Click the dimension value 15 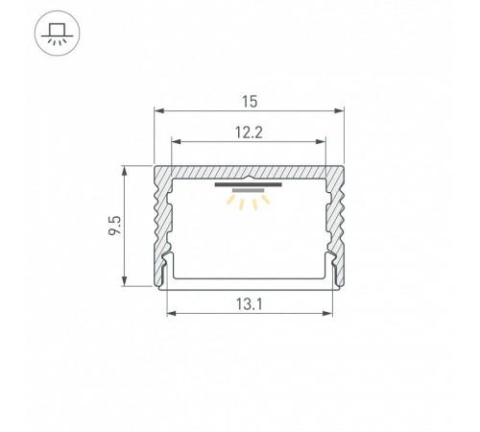click(x=250, y=102)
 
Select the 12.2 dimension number click(x=249, y=132)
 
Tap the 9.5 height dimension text click(x=115, y=226)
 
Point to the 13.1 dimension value click(x=250, y=304)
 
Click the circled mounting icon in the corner click(x=57, y=34)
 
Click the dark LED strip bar click(x=249, y=184)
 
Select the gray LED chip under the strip click(x=249, y=190)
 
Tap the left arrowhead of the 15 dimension click(x=159, y=110)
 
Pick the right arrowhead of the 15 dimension click(x=339, y=110)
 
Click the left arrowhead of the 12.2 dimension click(x=177, y=141)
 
